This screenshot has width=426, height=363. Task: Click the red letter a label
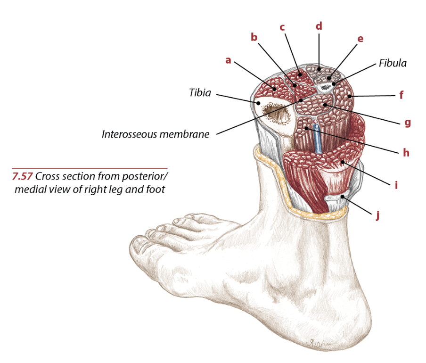click(228, 60)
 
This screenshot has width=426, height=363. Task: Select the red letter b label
click(254, 37)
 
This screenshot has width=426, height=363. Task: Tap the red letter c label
click(282, 27)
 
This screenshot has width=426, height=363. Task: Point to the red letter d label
click(319, 26)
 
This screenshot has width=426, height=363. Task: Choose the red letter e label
click(360, 39)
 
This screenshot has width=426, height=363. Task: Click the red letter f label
click(401, 95)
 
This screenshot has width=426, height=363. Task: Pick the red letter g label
click(407, 123)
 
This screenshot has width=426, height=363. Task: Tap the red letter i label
click(396, 185)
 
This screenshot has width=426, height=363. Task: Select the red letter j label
click(377, 216)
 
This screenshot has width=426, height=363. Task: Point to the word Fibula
click(393, 63)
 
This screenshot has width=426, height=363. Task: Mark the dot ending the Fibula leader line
click(334, 84)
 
